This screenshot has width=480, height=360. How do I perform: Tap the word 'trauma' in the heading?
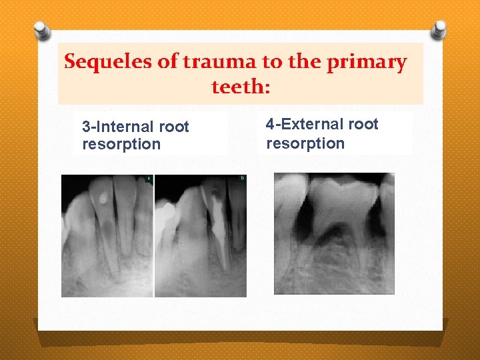pos(217,63)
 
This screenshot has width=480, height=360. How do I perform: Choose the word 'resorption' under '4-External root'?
pos(305,143)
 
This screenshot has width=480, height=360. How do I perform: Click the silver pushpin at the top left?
pos(42,30)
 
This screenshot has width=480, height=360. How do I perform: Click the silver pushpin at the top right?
pos(438,29)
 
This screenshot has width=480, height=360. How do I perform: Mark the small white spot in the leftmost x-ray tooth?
pos(103,197)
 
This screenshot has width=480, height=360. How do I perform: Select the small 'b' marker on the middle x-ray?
pos(242,179)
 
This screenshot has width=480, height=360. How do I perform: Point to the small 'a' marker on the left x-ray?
pos(149,179)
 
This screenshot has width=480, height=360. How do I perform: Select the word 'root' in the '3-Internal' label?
pos(175,127)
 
